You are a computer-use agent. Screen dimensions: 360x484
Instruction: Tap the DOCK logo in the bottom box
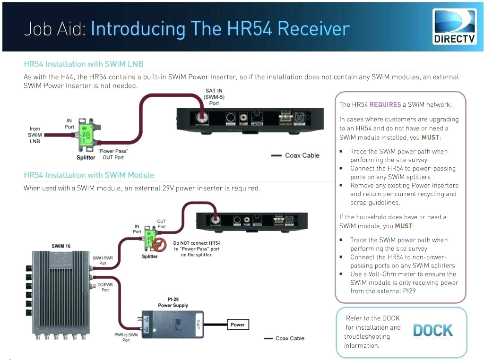[x=432, y=331]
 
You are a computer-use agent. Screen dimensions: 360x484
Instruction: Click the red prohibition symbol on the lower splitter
[x=158, y=244]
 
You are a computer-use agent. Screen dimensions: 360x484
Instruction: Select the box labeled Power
[x=237, y=325]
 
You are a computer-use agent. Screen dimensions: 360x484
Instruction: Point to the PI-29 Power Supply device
[x=173, y=324]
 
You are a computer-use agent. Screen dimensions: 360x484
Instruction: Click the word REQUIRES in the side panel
[x=385, y=104]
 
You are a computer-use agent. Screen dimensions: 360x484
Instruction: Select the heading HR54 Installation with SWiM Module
[x=89, y=175]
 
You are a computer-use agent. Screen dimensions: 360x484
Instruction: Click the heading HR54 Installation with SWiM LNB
[x=84, y=64]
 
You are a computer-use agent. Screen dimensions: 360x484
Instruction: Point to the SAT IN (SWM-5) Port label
[x=214, y=97]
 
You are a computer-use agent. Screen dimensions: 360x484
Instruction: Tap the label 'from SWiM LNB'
[x=35, y=135]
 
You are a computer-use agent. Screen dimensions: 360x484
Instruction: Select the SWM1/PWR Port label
[x=103, y=261]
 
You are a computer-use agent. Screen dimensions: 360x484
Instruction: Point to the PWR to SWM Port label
[x=126, y=337]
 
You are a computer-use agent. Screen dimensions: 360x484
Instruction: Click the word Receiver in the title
[x=313, y=29]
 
